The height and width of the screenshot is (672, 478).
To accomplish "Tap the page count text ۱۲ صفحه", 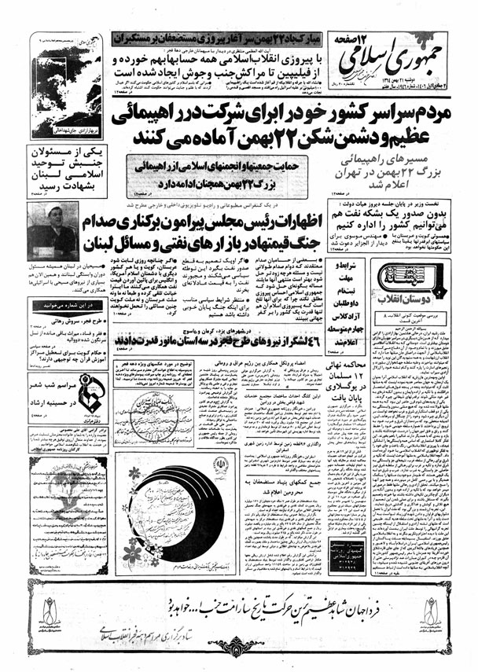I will tap(441, 37).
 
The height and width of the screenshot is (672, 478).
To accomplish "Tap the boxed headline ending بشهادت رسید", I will tap(61, 167).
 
